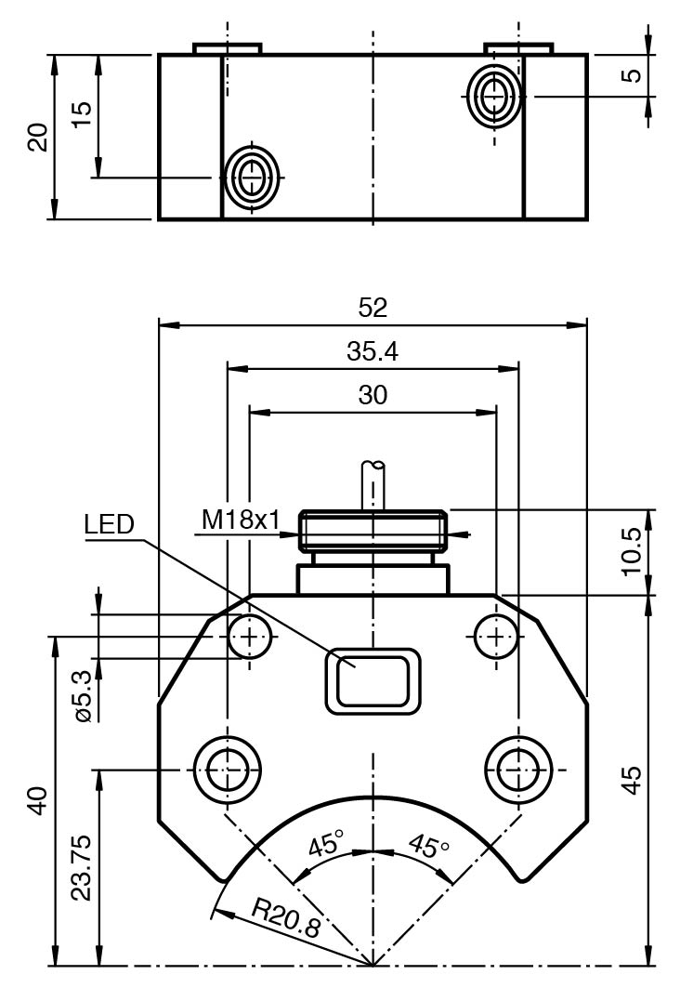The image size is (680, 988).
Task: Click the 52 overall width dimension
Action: [x=373, y=308]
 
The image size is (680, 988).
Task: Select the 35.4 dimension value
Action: [x=373, y=351]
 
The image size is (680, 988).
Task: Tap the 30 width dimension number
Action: [x=373, y=394]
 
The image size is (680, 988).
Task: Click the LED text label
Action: [x=109, y=524]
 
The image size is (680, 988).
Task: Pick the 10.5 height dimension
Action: [x=633, y=551]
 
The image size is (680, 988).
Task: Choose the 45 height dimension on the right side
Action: [x=633, y=779]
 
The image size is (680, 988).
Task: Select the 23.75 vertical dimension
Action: [x=82, y=866]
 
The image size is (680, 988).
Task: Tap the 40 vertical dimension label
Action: [x=37, y=800]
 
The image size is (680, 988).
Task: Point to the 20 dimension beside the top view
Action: [x=37, y=138]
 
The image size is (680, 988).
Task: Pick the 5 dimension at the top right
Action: [x=633, y=74]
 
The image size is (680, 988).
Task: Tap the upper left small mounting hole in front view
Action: [x=250, y=637]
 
